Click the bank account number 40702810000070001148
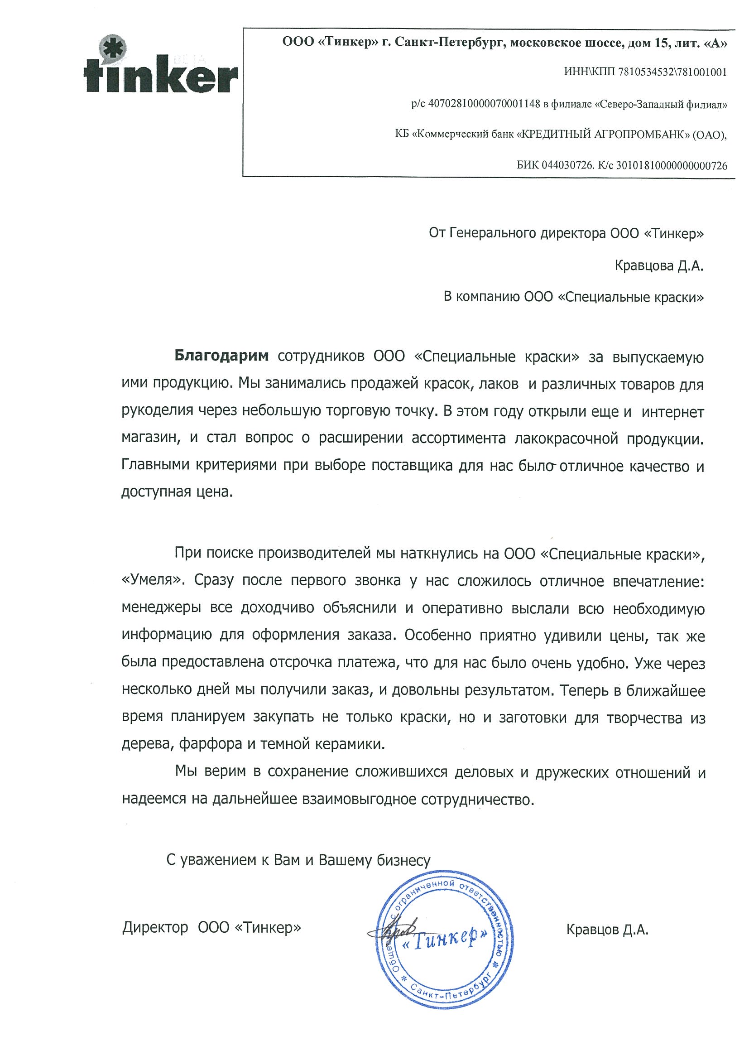[x=485, y=104]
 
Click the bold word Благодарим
[x=221, y=357]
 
